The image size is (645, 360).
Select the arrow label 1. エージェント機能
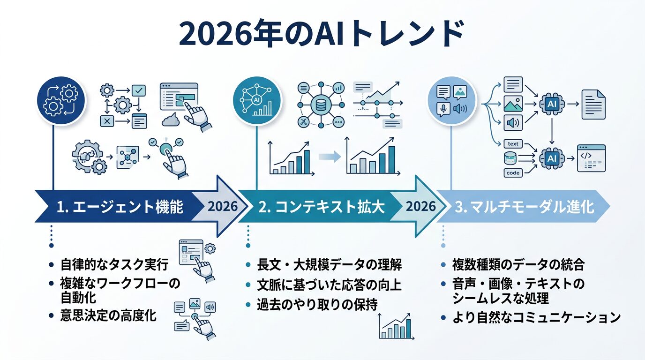point(120,207)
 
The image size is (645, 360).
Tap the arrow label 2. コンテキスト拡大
point(322,207)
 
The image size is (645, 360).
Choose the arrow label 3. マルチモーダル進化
point(525,207)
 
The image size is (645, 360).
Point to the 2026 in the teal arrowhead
point(420,207)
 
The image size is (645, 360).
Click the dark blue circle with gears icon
point(61,101)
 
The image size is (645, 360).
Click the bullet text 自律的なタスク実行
point(114,265)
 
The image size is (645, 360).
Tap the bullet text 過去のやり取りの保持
point(317,305)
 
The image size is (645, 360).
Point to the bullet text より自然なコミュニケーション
point(536,317)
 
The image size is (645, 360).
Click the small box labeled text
point(513,144)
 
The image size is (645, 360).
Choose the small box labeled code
point(513,173)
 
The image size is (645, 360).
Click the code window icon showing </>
point(591,158)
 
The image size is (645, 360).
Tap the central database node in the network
point(322,105)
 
